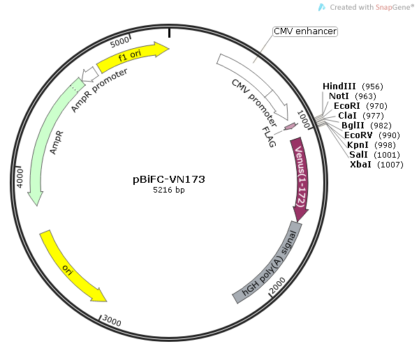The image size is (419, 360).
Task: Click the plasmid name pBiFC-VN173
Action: pos(169,179)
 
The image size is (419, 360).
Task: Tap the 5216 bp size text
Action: pos(169,190)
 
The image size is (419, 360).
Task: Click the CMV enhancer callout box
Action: pos(304,31)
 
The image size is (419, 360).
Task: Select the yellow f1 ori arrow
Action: pos(133,57)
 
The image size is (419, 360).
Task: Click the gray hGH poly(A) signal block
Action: pos(269,262)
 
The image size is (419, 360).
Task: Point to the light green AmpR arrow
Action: pos(46,140)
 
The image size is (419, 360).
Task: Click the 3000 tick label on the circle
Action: pos(112,320)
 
